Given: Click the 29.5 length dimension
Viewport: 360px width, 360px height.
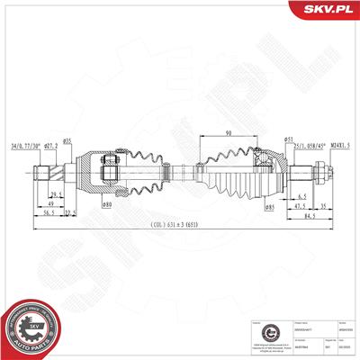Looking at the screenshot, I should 57,195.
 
